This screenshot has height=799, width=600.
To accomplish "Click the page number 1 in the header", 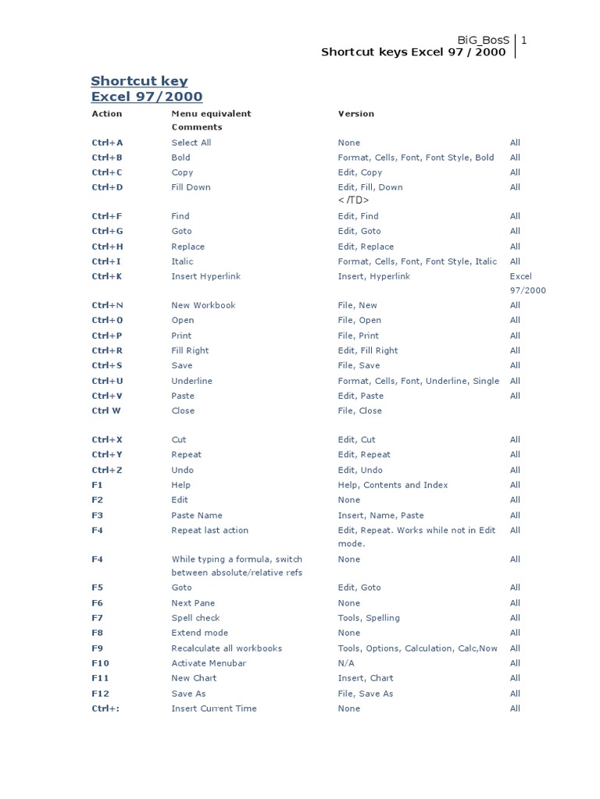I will click(524, 40).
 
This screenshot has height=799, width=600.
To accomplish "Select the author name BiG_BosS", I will click(485, 40).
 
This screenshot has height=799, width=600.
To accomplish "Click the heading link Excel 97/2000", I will click(146, 97).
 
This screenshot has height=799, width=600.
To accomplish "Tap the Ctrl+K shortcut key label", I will click(107, 276).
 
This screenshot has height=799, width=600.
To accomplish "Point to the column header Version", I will click(355, 113).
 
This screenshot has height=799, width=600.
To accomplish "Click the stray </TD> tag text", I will click(353, 201).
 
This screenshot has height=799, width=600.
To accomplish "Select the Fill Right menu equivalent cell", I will click(190, 350).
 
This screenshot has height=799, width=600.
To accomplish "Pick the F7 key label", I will click(97, 618).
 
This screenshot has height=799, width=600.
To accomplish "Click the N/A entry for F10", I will click(345, 663).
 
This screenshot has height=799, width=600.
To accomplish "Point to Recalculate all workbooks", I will click(227, 648).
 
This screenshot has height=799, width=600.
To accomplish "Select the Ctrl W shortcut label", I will click(106, 410).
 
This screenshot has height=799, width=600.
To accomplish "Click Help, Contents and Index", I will click(392, 485).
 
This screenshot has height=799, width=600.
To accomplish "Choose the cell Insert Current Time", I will click(214, 708).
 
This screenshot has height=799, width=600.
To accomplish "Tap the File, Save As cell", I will click(365, 694).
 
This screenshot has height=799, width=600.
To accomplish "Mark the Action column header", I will click(107, 113).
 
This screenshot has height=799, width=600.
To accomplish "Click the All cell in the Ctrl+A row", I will click(515, 143).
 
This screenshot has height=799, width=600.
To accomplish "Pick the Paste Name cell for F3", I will click(197, 515).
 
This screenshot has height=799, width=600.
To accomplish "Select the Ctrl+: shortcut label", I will click(108, 708).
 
